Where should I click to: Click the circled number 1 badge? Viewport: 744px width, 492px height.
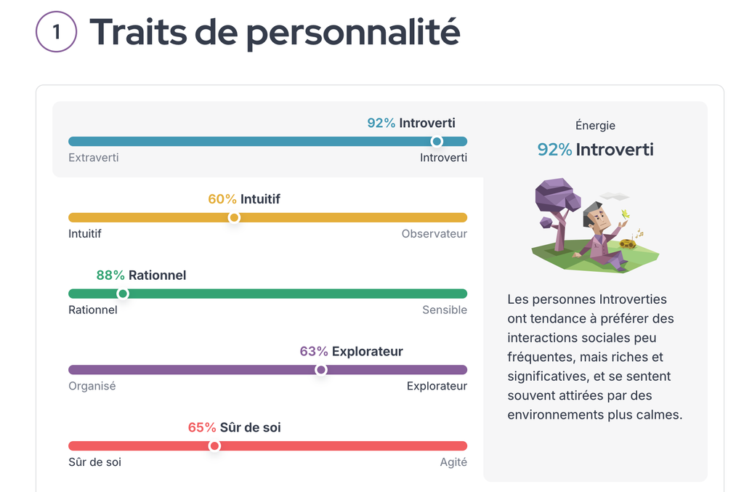[56, 33]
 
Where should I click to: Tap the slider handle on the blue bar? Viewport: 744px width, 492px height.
[437, 141]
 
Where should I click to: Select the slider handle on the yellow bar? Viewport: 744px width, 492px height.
[234, 217]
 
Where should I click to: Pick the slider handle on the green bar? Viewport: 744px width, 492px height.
[123, 294]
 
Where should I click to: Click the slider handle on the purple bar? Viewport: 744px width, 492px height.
[321, 370]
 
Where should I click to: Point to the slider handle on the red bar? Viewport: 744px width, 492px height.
[214, 445]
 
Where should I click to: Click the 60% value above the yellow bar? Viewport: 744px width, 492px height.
[222, 199]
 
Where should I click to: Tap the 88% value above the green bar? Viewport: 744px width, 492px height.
[110, 275]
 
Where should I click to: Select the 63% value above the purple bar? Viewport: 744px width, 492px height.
[314, 352]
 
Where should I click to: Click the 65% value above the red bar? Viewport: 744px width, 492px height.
[202, 428]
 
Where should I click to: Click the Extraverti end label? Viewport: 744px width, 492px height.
[94, 158]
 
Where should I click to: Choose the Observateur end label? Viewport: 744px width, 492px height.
[434, 234]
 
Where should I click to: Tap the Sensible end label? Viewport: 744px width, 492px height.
[445, 310]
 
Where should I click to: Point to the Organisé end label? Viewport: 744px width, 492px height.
[92, 386]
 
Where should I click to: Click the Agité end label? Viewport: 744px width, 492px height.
[453, 462]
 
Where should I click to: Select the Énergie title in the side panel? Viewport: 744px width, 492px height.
[595, 126]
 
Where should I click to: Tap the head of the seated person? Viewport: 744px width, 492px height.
[596, 215]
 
